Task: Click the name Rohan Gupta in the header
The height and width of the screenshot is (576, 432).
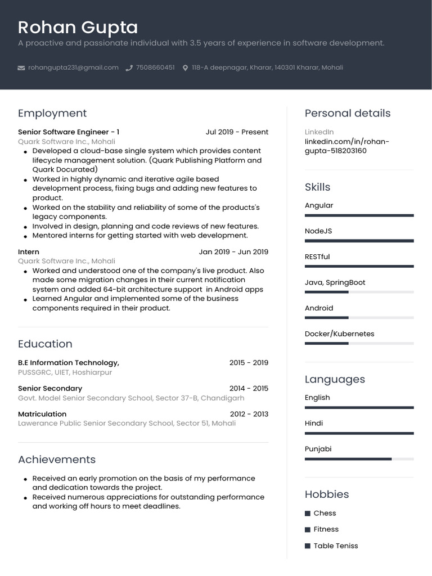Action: (x=78, y=27)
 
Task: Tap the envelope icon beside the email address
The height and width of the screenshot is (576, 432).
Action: (x=21, y=68)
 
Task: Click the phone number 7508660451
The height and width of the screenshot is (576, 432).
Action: (x=155, y=67)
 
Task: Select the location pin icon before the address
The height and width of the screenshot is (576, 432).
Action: (x=185, y=68)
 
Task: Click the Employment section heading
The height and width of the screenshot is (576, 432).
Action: (x=52, y=113)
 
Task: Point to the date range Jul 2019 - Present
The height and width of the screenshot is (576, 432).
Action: (x=237, y=132)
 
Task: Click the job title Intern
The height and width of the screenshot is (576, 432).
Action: (x=29, y=252)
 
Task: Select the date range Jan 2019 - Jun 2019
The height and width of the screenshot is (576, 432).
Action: (x=233, y=252)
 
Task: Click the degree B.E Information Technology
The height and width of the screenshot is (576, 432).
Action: (x=69, y=363)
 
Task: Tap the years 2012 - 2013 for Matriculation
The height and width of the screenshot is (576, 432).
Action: (x=249, y=414)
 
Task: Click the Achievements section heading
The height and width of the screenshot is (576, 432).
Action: (x=57, y=460)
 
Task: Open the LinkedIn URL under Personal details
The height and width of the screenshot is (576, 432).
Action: (x=346, y=146)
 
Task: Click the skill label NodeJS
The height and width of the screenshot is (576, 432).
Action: (x=318, y=231)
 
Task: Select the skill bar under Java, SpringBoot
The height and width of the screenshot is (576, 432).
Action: (x=359, y=292)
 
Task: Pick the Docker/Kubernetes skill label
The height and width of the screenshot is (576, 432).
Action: (x=339, y=334)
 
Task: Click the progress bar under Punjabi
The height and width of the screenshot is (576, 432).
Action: (x=359, y=459)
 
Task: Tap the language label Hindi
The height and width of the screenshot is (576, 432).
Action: (x=314, y=423)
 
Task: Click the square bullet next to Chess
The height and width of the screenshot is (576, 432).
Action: (x=308, y=514)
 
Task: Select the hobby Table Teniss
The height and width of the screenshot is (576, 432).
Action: (x=335, y=546)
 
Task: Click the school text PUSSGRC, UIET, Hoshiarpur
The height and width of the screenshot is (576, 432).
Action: (x=65, y=372)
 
